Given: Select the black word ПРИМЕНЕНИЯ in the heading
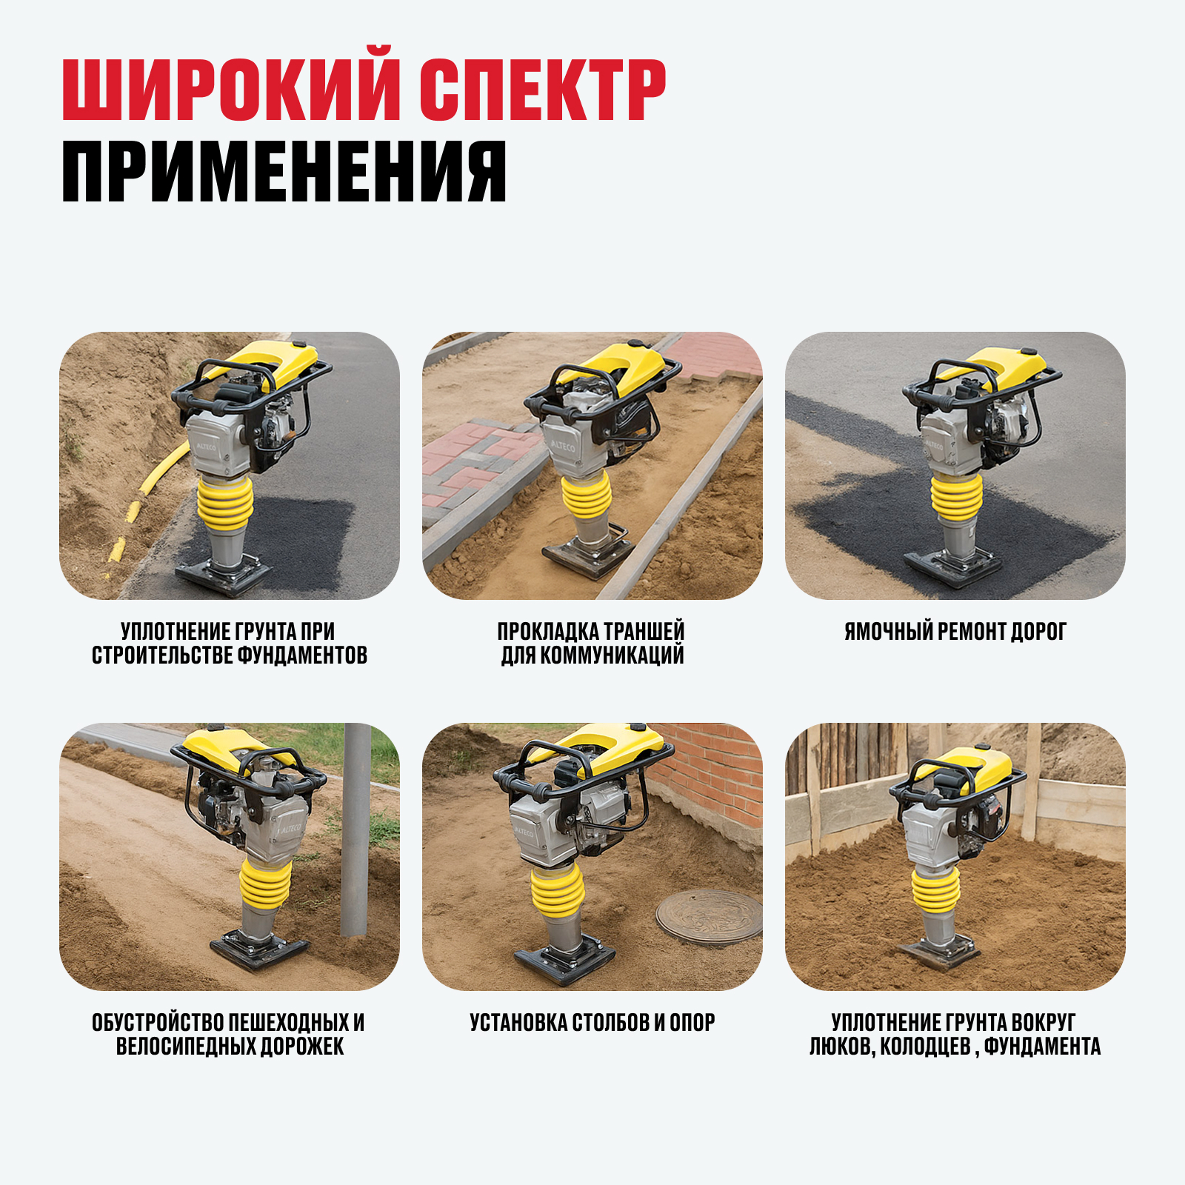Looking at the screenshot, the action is coord(284,171).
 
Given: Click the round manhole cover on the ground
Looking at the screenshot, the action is coord(709,917).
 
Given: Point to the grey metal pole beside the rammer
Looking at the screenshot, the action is coord(355,829).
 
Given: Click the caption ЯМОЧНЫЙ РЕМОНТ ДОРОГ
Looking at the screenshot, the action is coord(955,632).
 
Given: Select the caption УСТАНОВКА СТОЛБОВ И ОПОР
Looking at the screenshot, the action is coord(592,1023).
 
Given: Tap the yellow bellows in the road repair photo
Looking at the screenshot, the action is coord(956,497).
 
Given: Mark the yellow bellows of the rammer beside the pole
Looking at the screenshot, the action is coord(265,884).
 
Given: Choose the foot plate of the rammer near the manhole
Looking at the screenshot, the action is coord(564,961).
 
